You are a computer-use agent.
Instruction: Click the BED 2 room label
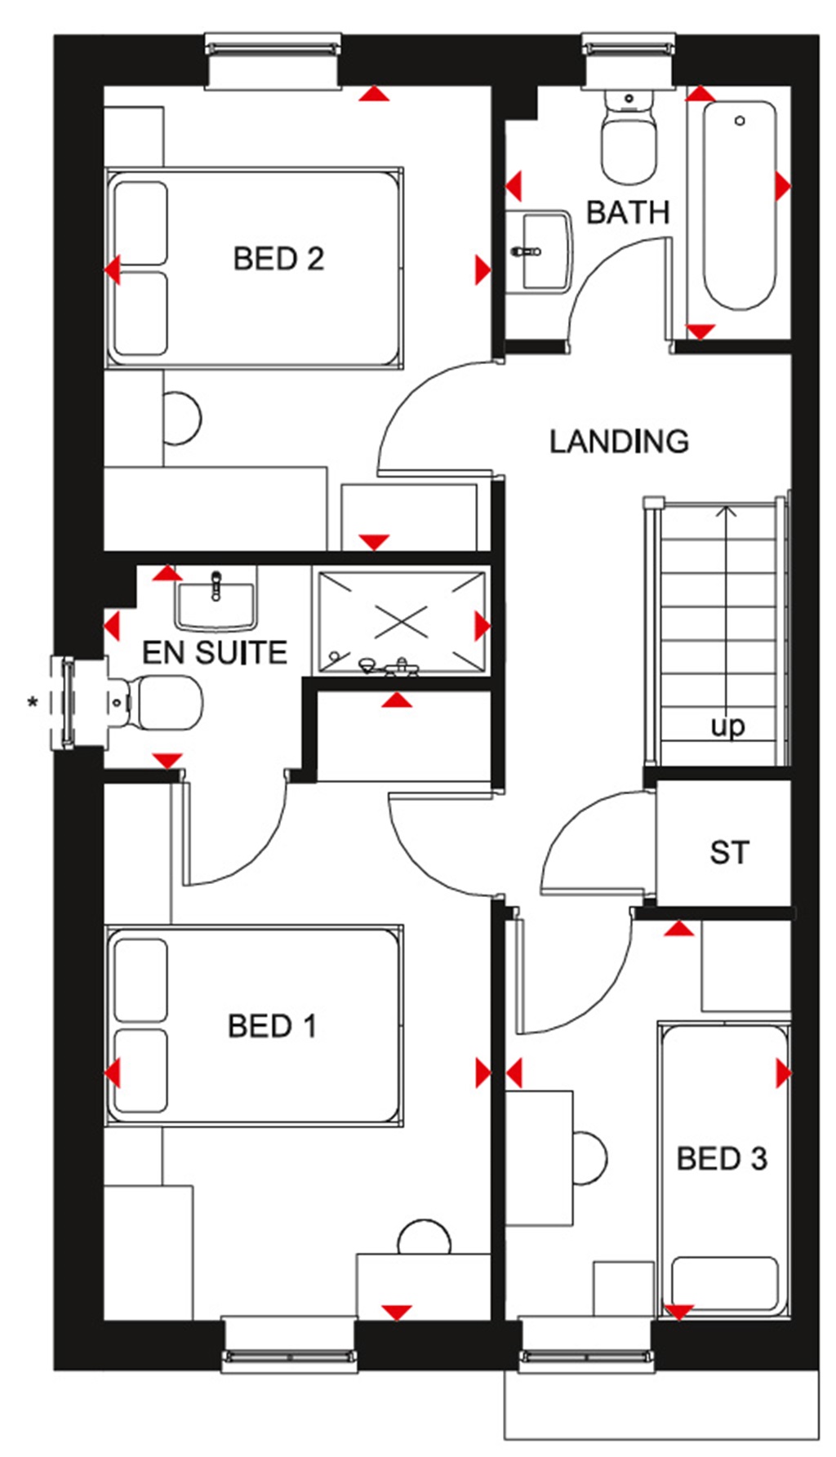(x=278, y=259)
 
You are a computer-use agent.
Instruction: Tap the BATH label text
(x=628, y=212)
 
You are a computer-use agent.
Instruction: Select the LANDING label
(x=619, y=442)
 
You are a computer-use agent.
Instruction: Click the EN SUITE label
(x=215, y=652)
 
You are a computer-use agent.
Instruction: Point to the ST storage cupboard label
(x=728, y=853)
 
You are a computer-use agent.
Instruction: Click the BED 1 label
(x=272, y=1026)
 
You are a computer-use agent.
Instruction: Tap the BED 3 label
(x=722, y=1158)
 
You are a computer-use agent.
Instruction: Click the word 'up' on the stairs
(x=727, y=725)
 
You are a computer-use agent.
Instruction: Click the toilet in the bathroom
(x=629, y=139)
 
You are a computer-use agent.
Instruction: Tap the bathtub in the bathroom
(x=739, y=204)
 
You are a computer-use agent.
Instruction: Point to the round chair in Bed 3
(x=589, y=1158)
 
